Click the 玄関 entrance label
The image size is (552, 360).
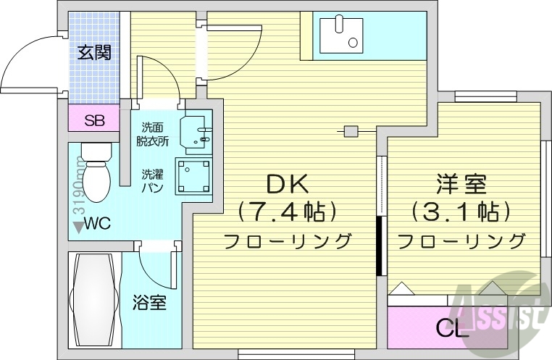[95, 52]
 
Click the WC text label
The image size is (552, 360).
[96, 224]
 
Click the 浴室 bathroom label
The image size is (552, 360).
[149, 303]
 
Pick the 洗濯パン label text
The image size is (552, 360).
[152, 180]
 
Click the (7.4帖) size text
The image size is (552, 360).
[288, 211]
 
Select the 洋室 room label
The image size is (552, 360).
[461, 183]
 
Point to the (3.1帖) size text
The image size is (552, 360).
[461, 212]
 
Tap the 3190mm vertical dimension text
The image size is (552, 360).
[78, 189]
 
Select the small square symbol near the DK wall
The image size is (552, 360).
[351, 132]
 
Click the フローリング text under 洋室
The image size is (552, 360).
[461, 240]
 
